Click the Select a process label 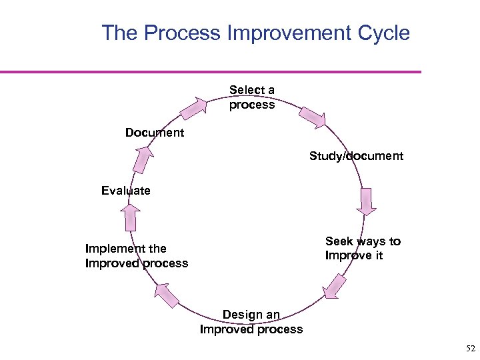(x=252, y=97)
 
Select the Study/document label (x=356, y=156)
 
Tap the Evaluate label (x=126, y=191)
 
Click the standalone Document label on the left (x=154, y=133)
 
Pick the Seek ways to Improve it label (x=363, y=249)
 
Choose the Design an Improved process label (x=251, y=321)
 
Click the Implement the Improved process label (x=137, y=255)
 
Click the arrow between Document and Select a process (x=194, y=107)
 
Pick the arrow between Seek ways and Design (x=335, y=286)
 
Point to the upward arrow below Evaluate (x=131, y=217)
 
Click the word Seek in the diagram (x=339, y=241)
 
